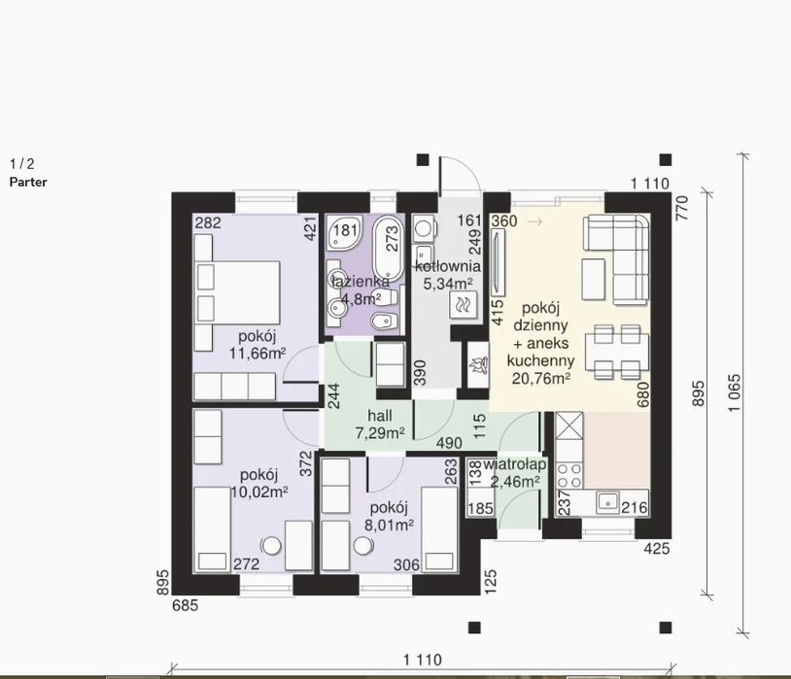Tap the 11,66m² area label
258,354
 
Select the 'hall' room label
379,416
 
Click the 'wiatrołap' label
515,464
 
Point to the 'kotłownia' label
448,266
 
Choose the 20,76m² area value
541,378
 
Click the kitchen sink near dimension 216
608,502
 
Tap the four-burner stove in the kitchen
569,475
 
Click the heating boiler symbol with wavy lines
463,305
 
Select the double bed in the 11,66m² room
237,292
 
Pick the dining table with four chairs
617,352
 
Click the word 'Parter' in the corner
28,182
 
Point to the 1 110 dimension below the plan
423,660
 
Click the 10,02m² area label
259,492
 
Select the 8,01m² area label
389,526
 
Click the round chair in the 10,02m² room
272,545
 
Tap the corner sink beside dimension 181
344,233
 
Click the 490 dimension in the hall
449,443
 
